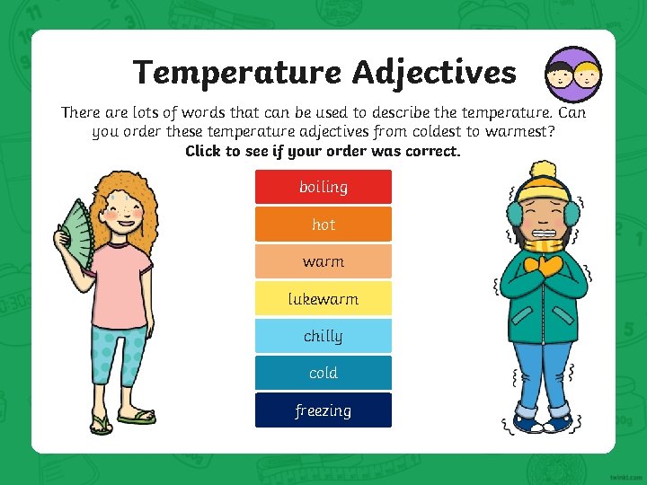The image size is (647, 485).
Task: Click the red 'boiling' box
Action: point(323,187)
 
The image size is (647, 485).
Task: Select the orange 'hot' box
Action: point(323,225)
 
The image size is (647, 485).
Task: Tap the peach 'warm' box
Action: point(323,261)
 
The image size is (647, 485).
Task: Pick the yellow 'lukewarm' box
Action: point(323,299)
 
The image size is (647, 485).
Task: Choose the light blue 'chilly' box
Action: point(323,336)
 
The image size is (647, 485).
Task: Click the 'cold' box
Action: point(323,373)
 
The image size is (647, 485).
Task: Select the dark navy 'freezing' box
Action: point(323,410)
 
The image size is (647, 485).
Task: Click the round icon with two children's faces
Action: point(573,75)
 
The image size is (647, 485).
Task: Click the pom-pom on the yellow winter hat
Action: point(542,169)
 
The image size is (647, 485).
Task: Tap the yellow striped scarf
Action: point(545,244)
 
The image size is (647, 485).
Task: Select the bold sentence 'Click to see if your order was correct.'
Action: point(323,151)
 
